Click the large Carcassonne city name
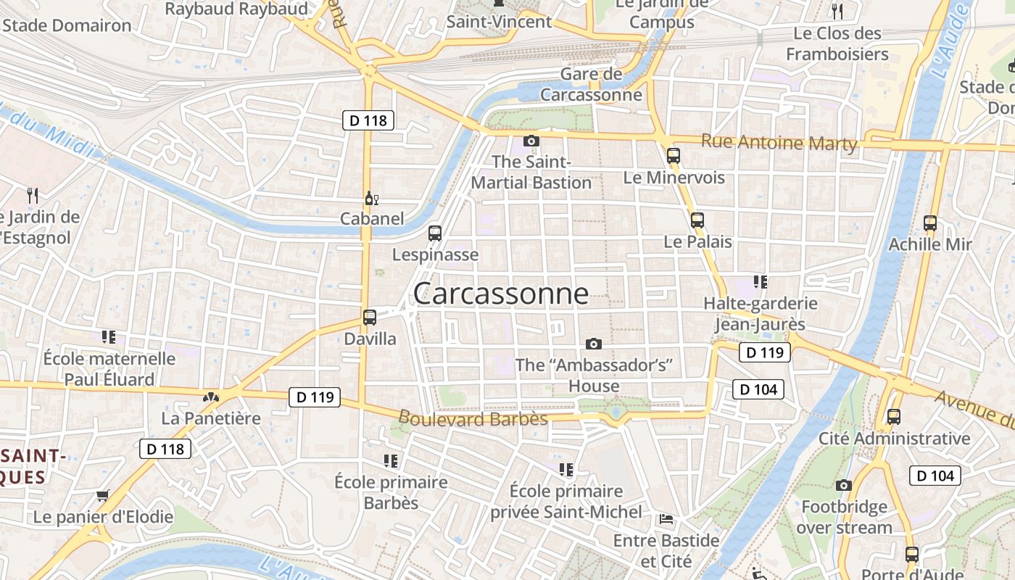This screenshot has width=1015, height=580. [500, 294]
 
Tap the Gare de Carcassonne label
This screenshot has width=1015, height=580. [591, 84]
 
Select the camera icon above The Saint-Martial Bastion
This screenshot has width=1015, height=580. [531, 141]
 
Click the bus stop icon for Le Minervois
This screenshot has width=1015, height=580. [674, 155]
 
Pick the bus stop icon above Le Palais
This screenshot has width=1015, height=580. [697, 220]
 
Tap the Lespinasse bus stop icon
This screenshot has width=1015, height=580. [435, 233]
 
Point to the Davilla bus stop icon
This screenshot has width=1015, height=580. [370, 317]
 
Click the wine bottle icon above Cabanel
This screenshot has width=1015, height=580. [371, 198]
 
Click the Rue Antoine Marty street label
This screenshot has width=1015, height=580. [779, 142]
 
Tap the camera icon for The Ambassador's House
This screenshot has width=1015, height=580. [594, 343]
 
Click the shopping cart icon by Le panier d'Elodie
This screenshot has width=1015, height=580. [103, 496]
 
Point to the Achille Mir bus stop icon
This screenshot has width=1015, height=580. [930, 223]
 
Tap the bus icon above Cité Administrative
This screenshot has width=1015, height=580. [894, 417]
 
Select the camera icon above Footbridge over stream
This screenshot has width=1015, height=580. [843, 485]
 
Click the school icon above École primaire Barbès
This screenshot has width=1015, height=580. [391, 460]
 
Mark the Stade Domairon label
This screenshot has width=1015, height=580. [67, 26]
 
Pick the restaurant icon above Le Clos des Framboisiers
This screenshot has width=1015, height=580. [837, 11]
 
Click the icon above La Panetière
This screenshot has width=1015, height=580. [211, 397]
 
